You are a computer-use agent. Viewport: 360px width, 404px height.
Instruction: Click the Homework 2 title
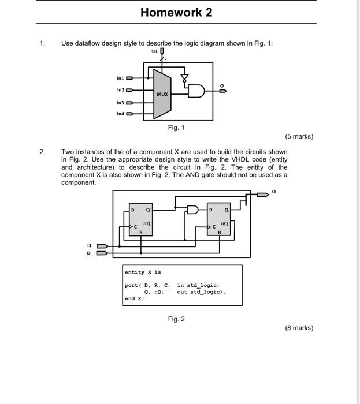pyautogui.click(x=177, y=12)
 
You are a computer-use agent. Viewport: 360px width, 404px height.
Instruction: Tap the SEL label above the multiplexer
pyautogui.click(x=154, y=52)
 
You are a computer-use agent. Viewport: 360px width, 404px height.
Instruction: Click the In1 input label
pyautogui.click(x=120, y=77)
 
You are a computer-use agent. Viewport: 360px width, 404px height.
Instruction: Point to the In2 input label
pyautogui.click(x=120, y=89)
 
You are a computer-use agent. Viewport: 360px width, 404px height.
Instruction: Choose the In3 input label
pyautogui.click(x=120, y=102)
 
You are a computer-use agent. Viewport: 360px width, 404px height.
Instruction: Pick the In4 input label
pyautogui.click(x=120, y=114)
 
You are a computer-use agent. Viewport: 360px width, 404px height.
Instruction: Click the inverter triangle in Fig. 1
pyautogui.click(x=185, y=77)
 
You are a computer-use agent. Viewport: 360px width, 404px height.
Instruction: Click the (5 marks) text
pyautogui.click(x=299, y=137)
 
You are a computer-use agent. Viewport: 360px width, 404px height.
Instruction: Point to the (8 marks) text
pyautogui.click(x=299, y=328)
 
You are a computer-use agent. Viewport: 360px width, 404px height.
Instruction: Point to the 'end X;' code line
pyautogui.click(x=134, y=298)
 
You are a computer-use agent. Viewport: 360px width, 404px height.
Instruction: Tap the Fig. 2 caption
pyautogui.click(x=176, y=319)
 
